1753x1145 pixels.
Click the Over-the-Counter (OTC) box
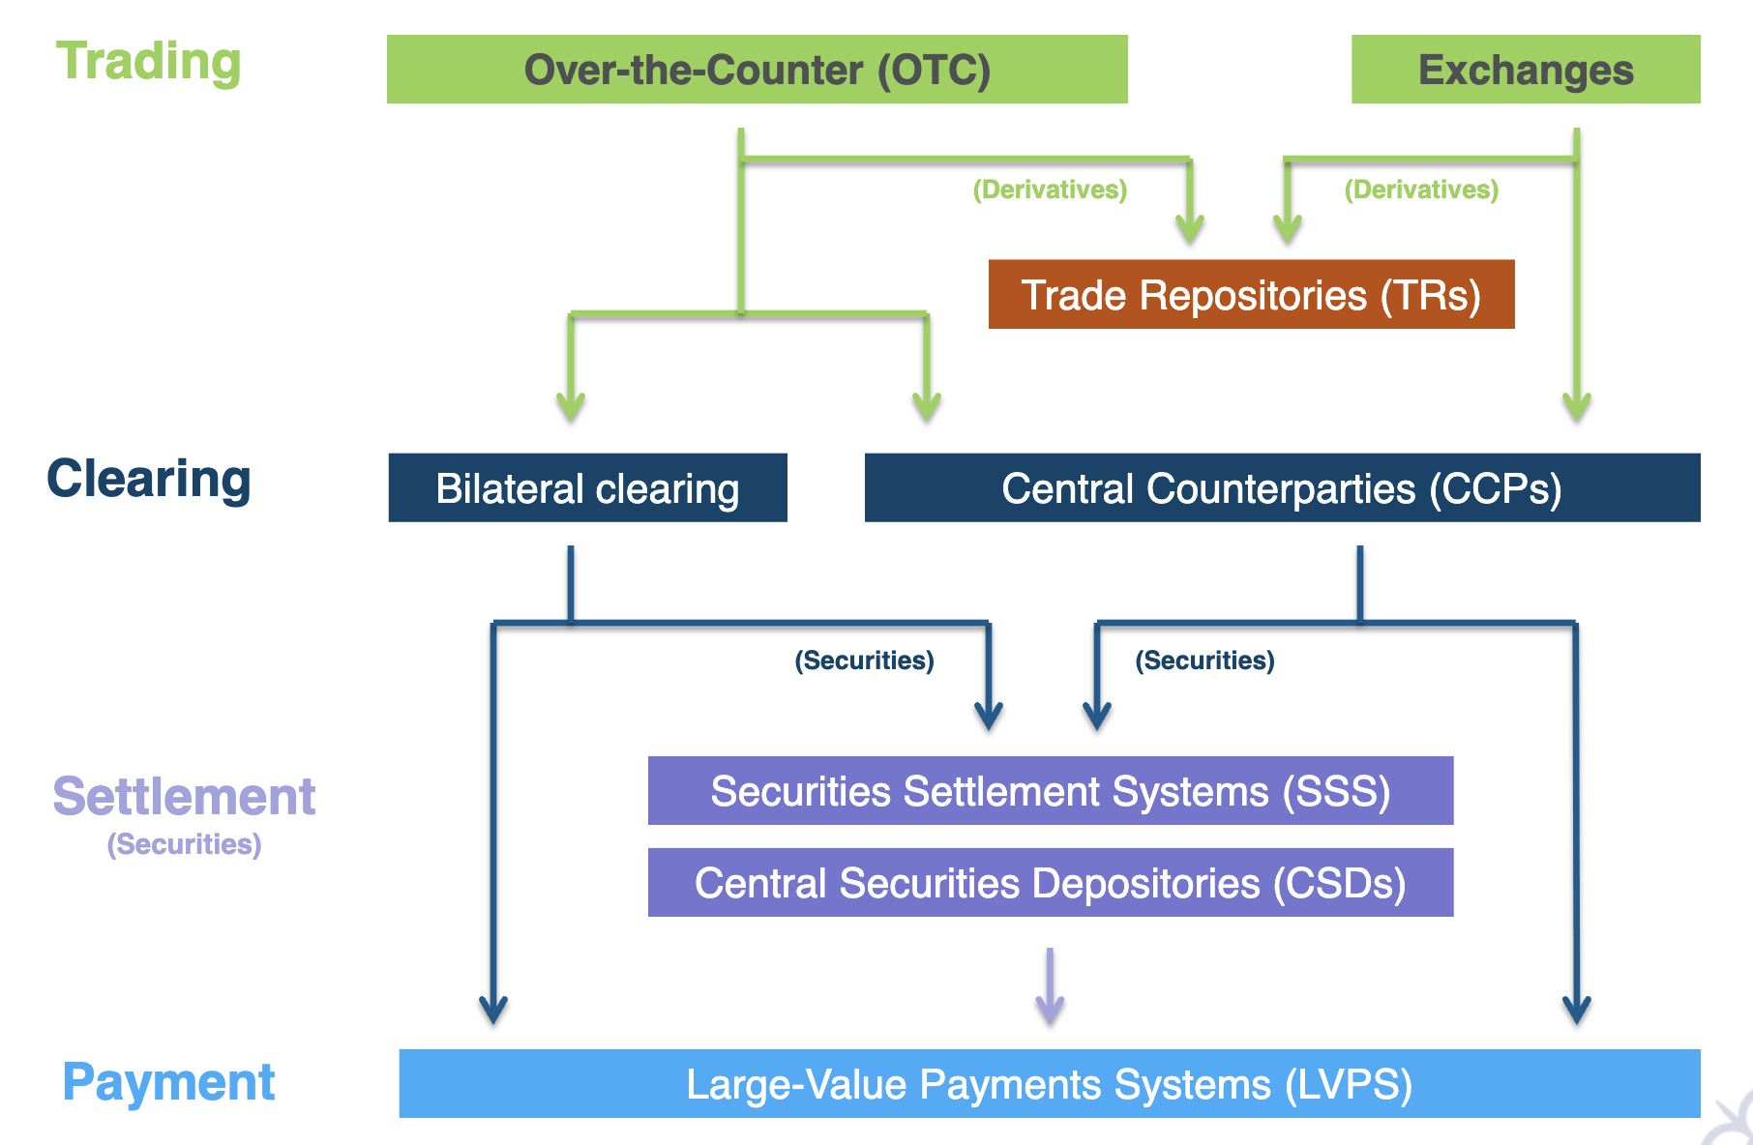(x=757, y=70)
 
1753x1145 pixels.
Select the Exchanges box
(x=1525, y=70)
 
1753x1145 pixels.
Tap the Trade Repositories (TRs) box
(x=1251, y=295)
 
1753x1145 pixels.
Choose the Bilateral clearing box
(x=587, y=488)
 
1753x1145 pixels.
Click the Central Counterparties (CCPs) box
(x=1282, y=488)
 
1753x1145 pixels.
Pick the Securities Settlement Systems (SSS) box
(x=1050, y=791)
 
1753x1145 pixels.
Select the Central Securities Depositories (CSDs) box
(x=1050, y=883)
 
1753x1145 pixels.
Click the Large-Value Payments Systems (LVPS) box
(x=1050, y=1084)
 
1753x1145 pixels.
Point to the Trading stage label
(x=148, y=62)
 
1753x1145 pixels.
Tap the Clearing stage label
(x=149, y=479)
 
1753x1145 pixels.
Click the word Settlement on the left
(x=184, y=797)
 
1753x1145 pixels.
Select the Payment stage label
(x=168, y=1082)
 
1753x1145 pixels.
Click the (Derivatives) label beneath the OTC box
(x=1050, y=190)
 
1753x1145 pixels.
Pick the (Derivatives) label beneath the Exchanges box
(x=1421, y=190)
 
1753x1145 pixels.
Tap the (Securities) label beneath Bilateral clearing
(x=864, y=661)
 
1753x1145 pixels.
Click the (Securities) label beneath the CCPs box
(x=1204, y=661)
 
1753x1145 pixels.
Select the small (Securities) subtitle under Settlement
(x=184, y=844)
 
